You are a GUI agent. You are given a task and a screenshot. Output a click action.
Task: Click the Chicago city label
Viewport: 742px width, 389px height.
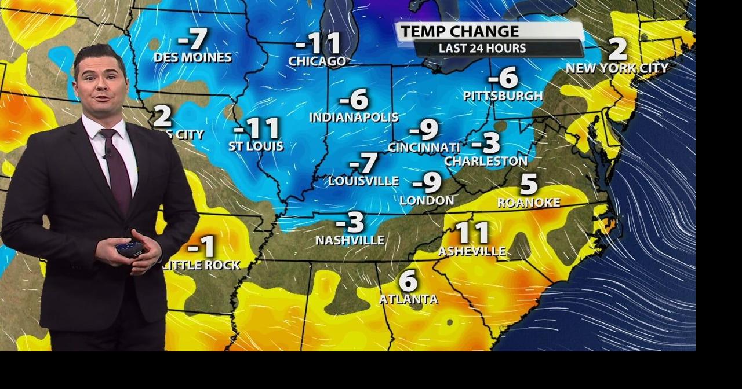[x=317, y=61]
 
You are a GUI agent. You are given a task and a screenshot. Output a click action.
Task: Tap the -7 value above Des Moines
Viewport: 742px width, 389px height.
[x=192, y=39]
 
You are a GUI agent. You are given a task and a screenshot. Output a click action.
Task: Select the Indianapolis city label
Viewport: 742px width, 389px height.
[x=354, y=117]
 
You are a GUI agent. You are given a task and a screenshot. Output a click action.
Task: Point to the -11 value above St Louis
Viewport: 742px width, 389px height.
[x=257, y=128]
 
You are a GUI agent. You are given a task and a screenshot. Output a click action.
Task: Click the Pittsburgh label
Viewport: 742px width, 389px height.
[x=503, y=96]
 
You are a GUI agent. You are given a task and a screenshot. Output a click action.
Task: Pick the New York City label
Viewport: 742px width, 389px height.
[x=617, y=68]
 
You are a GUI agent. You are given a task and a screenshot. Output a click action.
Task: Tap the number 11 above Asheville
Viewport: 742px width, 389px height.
[x=472, y=233]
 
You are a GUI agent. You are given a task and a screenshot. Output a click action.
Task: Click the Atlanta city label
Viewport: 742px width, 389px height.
[x=408, y=299]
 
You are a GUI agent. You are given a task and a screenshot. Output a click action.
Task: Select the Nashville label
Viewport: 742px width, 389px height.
[x=350, y=240]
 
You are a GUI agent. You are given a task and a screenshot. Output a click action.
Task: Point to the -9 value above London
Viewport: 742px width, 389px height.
[x=427, y=183]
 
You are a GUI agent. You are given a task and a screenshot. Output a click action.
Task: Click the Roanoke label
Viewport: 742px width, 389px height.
[x=529, y=203]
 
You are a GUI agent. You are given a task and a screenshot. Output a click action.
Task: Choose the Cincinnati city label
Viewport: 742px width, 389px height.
[x=424, y=148]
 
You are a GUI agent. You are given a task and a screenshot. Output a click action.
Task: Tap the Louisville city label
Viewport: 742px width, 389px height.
[x=363, y=181]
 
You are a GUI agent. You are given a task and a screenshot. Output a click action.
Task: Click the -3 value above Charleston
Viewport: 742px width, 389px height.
[x=486, y=142]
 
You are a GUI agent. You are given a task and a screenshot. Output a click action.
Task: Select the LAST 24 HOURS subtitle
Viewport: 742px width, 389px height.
[x=482, y=49]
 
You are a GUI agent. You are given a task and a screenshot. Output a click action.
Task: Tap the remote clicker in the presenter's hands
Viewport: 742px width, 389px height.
[x=129, y=249]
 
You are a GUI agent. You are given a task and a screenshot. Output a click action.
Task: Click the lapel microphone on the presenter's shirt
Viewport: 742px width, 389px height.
[x=108, y=154]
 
